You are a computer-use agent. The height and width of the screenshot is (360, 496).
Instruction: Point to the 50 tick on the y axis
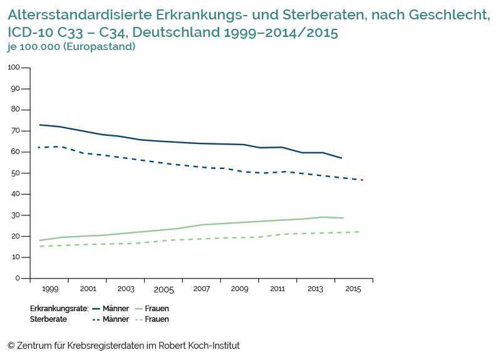pyautogui.click(x=16, y=173)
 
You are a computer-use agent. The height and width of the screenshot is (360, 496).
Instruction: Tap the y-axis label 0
pyautogui.click(x=18, y=279)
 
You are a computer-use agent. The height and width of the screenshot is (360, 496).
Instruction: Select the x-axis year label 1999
pyautogui.click(x=49, y=289)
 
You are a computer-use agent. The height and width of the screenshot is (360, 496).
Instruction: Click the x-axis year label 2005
pyautogui.click(x=163, y=290)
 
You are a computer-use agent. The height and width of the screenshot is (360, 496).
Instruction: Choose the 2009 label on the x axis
pyautogui.click(x=239, y=289)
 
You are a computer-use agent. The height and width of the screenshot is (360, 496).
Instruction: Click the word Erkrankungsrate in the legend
pyautogui.click(x=59, y=309)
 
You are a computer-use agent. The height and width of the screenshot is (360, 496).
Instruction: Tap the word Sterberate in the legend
pyautogui.click(x=48, y=319)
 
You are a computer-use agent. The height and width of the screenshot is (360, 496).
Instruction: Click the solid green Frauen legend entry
pyautogui.click(x=151, y=309)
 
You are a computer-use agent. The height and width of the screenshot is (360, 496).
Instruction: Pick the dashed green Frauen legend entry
pyautogui.click(x=151, y=319)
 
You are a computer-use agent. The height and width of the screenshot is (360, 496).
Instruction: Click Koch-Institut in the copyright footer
pyautogui.click(x=212, y=346)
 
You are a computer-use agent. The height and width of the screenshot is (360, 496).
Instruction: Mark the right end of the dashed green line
pyautogui.click(x=359, y=232)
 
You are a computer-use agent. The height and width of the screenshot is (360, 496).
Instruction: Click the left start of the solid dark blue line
pyautogui.click(x=39, y=125)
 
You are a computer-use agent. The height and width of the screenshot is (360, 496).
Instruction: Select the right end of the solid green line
pyautogui.click(x=343, y=218)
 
